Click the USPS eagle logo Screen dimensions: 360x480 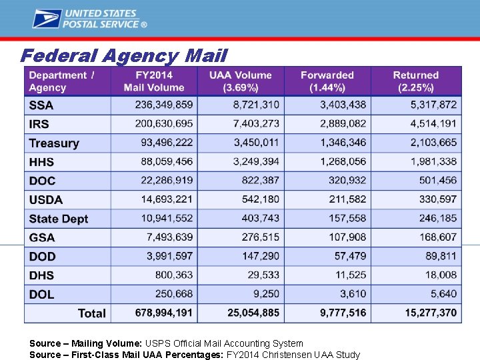47,19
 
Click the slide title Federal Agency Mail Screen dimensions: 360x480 123,55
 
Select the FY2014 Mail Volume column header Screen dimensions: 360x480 153,81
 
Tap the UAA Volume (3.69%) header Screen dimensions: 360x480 240,81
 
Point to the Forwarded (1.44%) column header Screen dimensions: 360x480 327,81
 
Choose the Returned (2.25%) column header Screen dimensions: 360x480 415,81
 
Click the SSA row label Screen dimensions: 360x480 41,105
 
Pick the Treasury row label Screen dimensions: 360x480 54,143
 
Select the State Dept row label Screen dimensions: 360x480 59,219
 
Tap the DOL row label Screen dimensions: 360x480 42,294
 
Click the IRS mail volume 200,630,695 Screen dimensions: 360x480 163,123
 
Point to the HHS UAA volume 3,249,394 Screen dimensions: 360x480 256,161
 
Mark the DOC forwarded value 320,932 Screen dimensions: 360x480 347,180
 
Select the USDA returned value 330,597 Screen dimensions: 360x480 438,199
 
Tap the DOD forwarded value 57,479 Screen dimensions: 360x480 350,256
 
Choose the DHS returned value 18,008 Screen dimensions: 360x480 441,275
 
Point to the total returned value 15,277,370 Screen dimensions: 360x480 431,313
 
